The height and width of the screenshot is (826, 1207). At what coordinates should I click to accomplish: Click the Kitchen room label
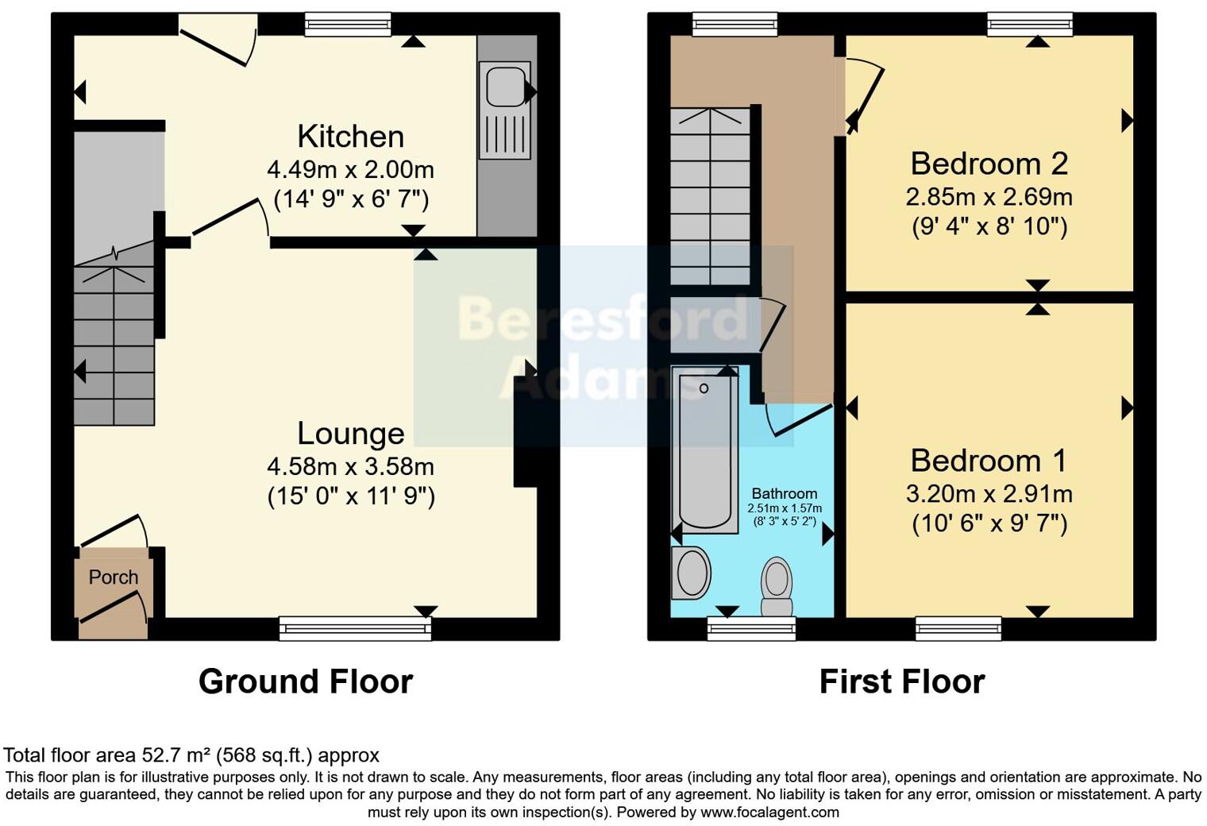350,137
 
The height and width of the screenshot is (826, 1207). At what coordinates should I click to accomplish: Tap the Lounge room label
350,434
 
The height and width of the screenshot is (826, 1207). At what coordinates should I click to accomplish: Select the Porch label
114,577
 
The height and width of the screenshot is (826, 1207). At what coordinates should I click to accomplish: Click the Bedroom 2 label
989,164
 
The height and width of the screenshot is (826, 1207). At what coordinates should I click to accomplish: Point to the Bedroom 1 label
989,461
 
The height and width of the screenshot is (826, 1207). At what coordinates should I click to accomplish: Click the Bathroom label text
784,494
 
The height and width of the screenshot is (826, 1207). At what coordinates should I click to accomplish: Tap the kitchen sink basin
504,87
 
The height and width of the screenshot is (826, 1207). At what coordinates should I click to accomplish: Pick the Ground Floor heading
306,681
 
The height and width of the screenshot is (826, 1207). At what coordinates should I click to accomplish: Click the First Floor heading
902,681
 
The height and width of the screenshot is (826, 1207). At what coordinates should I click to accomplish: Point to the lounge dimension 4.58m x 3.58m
350,466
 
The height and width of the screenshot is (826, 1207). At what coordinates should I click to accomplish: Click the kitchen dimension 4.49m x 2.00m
350,170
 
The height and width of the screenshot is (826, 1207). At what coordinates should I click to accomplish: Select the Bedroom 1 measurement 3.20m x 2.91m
989,494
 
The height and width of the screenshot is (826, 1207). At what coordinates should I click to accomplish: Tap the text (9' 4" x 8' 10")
989,227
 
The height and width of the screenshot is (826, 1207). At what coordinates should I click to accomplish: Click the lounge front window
355,629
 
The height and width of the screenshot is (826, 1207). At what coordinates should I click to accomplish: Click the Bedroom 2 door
864,99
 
